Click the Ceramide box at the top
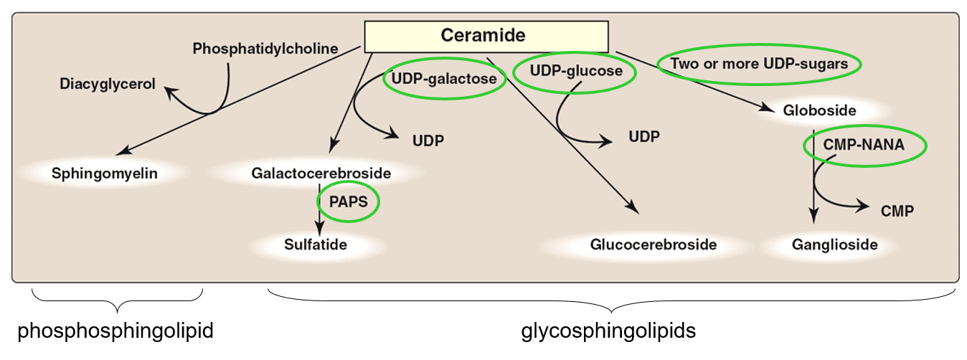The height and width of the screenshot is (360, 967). (x=486, y=36)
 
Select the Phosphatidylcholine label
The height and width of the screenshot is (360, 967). (x=265, y=49)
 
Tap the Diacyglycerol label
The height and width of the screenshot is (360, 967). (x=108, y=84)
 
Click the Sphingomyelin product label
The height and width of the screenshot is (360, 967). (x=105, y=173)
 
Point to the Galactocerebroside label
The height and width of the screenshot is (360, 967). (x=321, y=173)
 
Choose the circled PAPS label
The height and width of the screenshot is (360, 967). (x=349, y=202)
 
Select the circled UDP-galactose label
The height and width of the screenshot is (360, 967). (x=445, y=79)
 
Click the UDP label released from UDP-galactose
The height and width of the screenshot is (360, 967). (x=428, y=139)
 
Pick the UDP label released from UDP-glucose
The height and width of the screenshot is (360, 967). (x=643, y=136)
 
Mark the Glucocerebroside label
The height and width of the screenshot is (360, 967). (x=654, y=245)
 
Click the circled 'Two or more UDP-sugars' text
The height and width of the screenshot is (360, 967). (x=759, y=64)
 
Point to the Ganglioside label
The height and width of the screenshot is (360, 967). (x=835, y=245)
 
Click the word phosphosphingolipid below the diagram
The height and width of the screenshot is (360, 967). (x=115, y=331)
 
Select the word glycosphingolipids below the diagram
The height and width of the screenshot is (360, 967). (x=608, y=331)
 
